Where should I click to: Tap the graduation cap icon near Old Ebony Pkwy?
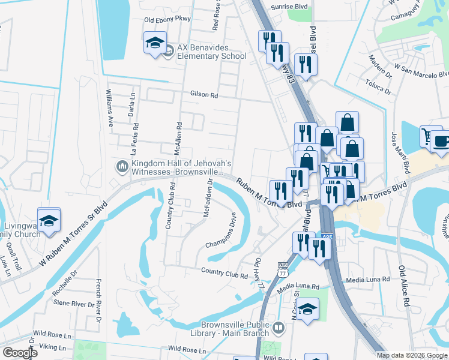pyautogui.click(x=155, y=43)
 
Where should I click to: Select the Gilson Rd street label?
pyautogui.click(x=203, y=95)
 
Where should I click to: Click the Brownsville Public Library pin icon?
pyautogui.click(x=278, y=328)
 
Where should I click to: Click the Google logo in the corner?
pyautogui.click(x=20, y=352)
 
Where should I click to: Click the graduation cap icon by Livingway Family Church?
pyautogui.click(x=49, y=219)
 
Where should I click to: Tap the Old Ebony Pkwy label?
pyautogui.click(x=167, y=19)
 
